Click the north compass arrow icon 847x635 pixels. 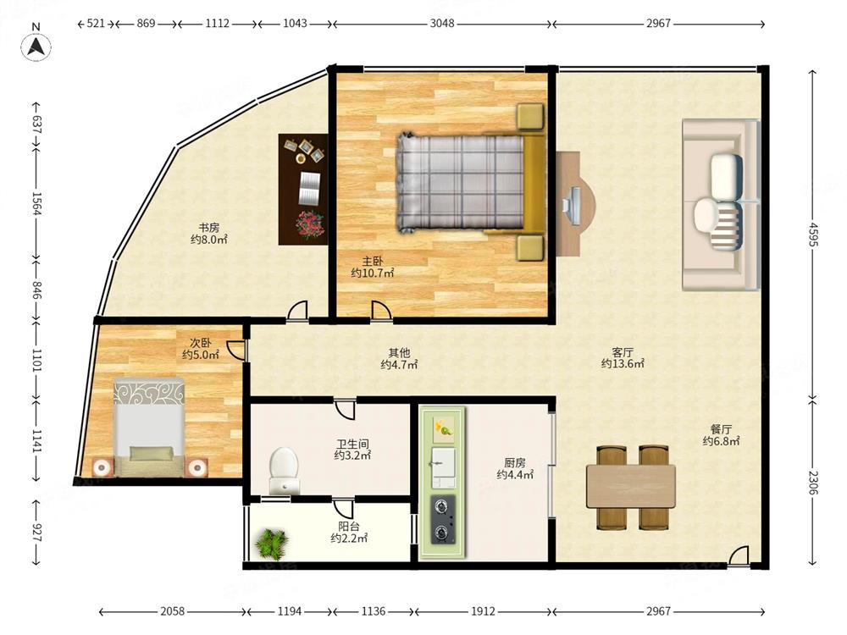click(x=36, y=47)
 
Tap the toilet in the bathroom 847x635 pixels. click(x=284, y=470)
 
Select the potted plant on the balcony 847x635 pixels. click(x=272, y=543)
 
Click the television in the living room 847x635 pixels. click(x=573, y=205)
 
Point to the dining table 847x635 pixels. click(x=631, y=487)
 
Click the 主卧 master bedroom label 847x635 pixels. click(x=373, y=262)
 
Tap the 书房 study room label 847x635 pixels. click(x=208, y=227)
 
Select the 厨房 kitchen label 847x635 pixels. click(x=515, y=463)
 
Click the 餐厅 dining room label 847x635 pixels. click(x=721, y=429)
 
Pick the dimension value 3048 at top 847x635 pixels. click(x=442, y=23)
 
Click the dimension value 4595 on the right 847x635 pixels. click(x=813, y=234)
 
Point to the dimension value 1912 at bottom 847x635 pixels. click(x=483, y=611)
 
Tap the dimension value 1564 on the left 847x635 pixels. click(x=36, y=203)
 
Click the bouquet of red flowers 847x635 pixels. click(x=309, y=225)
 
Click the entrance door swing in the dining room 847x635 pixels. click(x=738, y=556)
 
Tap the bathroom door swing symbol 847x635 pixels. click(x=345, y=408)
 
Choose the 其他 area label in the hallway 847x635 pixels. click(x=399, y=352)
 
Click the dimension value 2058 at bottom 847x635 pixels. click(x=172, y=611)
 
